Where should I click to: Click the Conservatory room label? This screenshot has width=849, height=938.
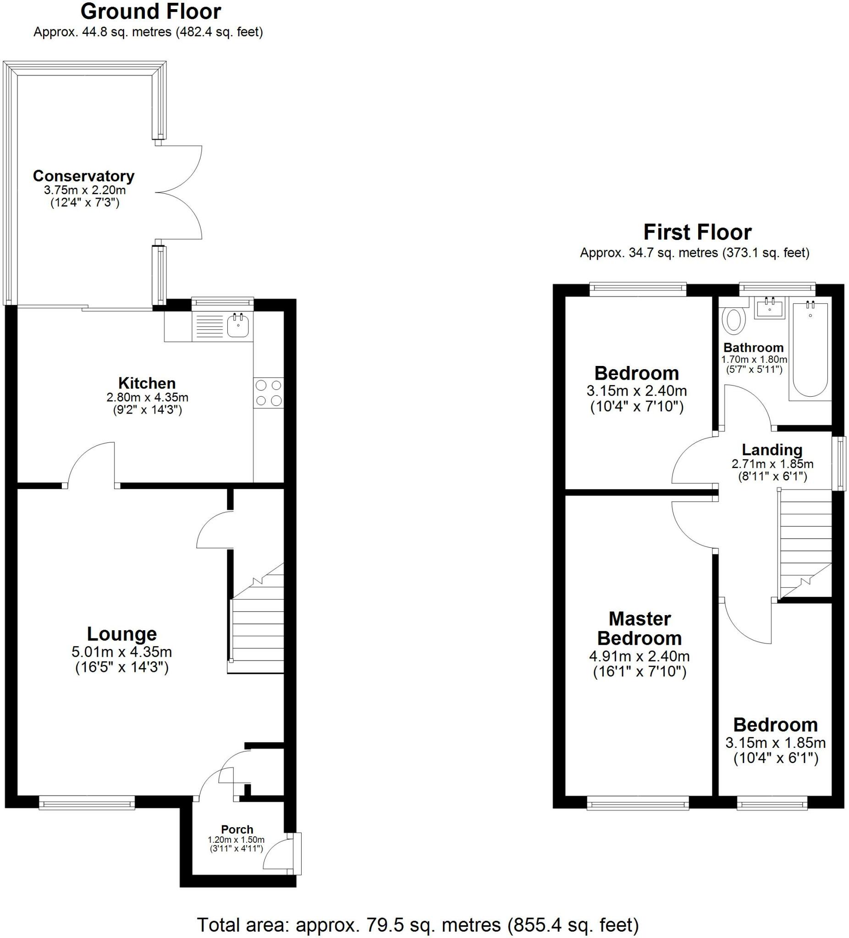point(84,176)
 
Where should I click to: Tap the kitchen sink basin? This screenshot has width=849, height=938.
point(238,325)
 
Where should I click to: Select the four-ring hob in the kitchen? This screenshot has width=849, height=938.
point(269,393)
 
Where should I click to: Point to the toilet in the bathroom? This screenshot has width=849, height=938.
point(733,319)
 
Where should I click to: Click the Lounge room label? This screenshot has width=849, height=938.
point(122,634)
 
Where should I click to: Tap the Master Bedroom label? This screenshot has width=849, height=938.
point(640,628)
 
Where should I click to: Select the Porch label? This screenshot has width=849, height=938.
point(237,829)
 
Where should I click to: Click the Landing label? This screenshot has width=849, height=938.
point(772,449)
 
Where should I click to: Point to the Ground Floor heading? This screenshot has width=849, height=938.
point(151,11)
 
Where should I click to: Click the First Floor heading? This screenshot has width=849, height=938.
point(697,232)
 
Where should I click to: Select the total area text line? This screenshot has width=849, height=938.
point(418,925)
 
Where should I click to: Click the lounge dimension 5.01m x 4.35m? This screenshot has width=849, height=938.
point(121,652)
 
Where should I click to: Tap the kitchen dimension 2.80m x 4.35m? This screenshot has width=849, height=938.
point(147,398)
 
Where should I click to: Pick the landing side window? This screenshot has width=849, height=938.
point(839,463)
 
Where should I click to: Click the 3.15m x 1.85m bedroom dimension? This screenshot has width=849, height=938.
point(775,742)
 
